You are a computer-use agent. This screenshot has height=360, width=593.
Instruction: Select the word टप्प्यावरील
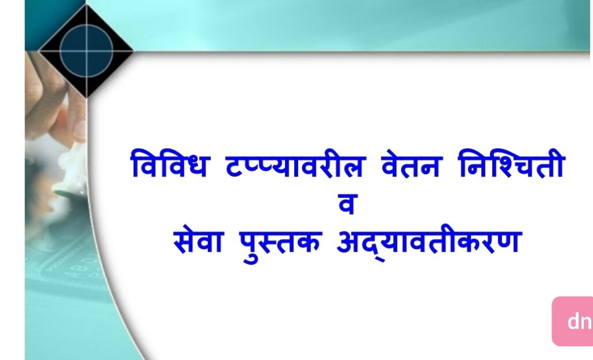(295, 164)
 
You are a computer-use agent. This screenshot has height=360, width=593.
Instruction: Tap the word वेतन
(411, 164)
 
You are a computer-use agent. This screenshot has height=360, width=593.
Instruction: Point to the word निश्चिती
(511, 164)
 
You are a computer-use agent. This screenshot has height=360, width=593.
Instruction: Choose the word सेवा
(198, 241)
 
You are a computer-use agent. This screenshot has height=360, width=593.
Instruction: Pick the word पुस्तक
(281, 244)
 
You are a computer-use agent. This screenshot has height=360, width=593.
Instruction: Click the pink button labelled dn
(573, 321)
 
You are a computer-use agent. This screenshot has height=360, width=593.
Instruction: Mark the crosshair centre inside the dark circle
(87, 50)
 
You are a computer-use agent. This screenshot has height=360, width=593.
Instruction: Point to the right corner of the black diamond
(133, 50)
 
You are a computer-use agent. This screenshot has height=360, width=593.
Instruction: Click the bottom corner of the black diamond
(87, 97)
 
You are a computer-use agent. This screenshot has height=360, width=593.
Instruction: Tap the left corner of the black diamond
(39, 50)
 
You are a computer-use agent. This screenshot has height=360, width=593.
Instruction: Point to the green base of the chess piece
(68, 194)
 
